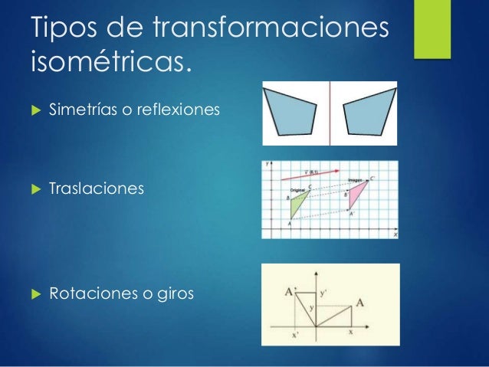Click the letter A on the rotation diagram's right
click(359, 302)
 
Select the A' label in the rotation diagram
click(290, 291)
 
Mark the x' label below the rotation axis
click(297, 334)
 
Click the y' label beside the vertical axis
click(323, 293)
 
